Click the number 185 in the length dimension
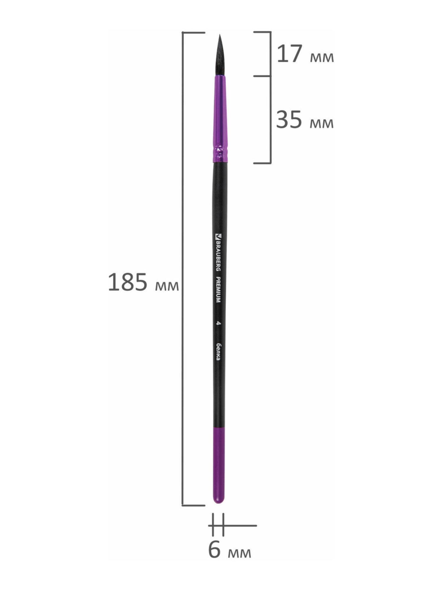(x=128, y=282)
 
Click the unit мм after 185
(x=167, y=286)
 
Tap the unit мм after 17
(x=322, y=58)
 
